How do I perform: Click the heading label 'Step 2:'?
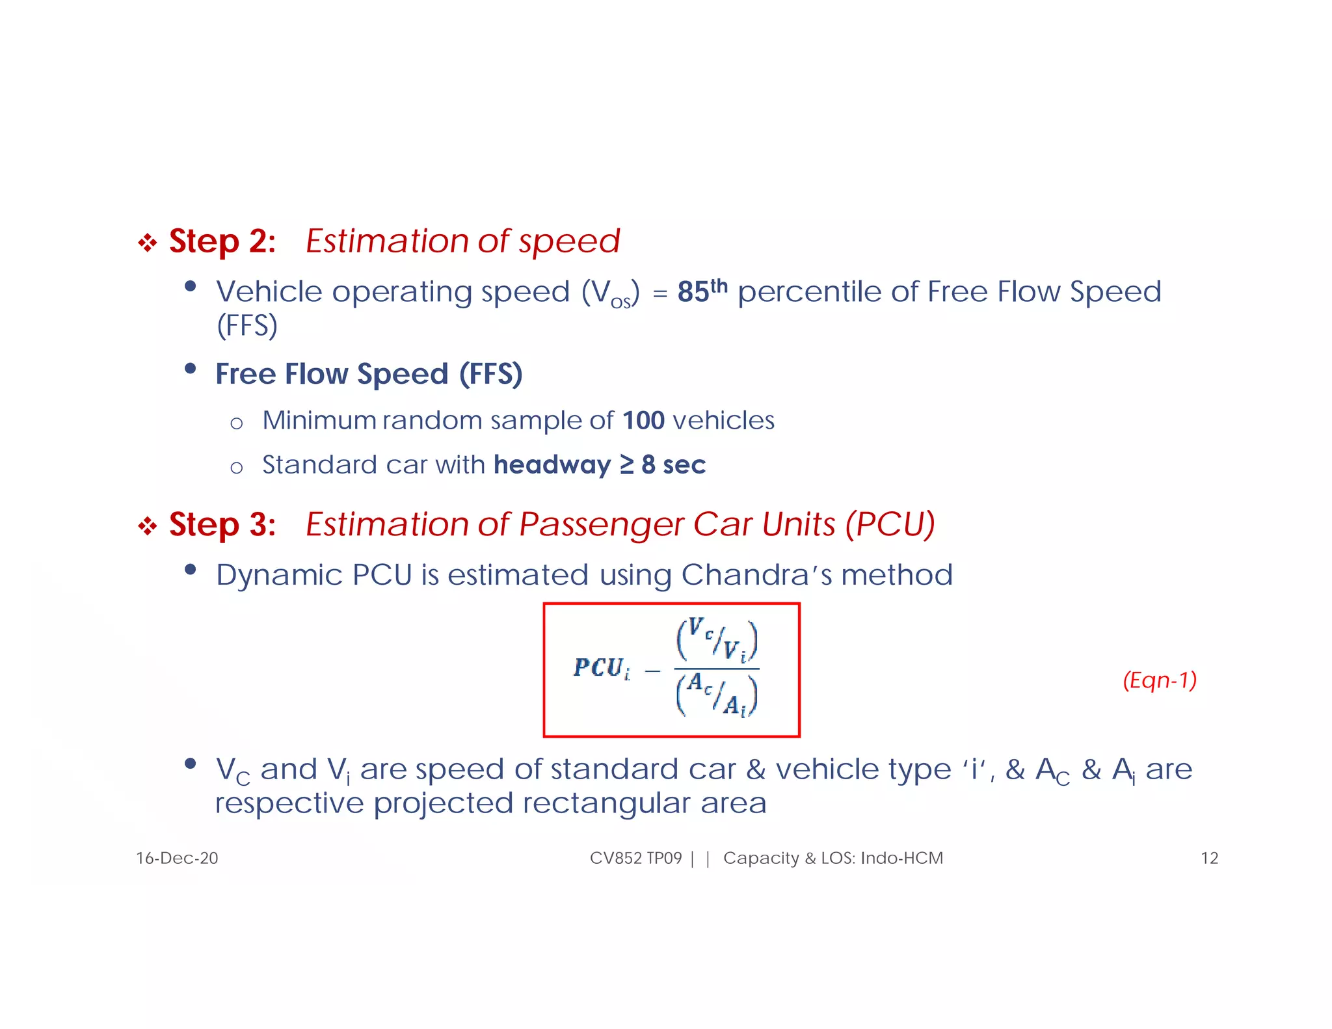coord(222,241)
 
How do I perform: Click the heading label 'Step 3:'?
coord(222,524)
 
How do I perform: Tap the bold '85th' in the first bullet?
coord(702,291)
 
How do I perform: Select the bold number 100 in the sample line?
coord(643,420)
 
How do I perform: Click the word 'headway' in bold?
coord(552,465)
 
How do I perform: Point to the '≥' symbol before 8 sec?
coord(626,464)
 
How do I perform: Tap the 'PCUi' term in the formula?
coord(602,668)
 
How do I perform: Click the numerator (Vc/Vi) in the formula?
coord(717,640)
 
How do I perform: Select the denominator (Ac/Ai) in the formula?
coord(717,695)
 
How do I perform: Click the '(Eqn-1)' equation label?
coord(1160,680)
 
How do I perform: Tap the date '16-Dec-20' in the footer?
coord(177,859)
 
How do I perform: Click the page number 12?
coord(1209,859)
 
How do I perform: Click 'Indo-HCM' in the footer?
coord(901,859)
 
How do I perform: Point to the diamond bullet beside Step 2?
coord(148,243)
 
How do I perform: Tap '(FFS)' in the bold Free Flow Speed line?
coord(490,375)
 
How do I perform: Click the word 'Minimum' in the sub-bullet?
coord(319,420)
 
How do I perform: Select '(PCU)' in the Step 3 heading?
coord(890,524)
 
